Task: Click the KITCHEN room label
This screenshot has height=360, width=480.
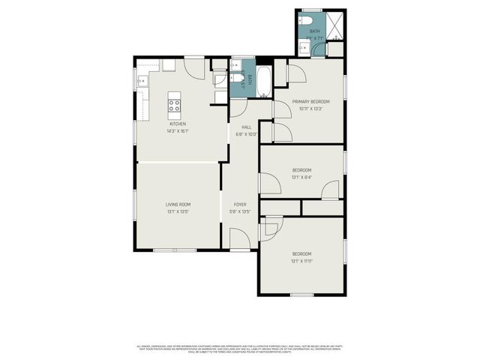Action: pos(177,124)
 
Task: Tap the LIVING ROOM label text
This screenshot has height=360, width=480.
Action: pos(178,204)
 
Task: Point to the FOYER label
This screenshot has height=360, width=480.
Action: pos(239,204)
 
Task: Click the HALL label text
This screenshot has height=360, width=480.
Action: pos(246,127)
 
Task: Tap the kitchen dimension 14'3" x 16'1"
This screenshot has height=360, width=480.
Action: pos(177,131)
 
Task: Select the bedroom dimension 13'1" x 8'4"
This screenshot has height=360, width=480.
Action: pos(301,178)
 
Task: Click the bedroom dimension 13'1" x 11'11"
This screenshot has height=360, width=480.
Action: pos(301,261)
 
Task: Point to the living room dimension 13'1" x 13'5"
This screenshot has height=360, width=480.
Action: pos(178,211)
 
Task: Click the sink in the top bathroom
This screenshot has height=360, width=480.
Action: pos(304,47)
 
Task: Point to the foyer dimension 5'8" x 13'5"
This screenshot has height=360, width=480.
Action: pos(239,211)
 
